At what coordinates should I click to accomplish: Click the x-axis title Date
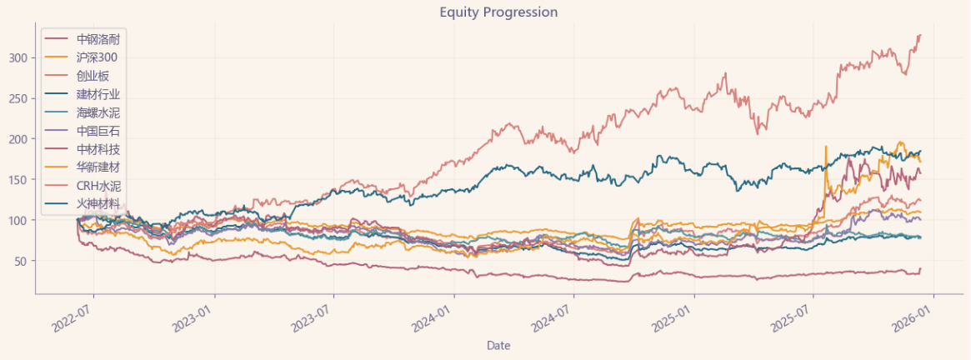pos(498,345)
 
